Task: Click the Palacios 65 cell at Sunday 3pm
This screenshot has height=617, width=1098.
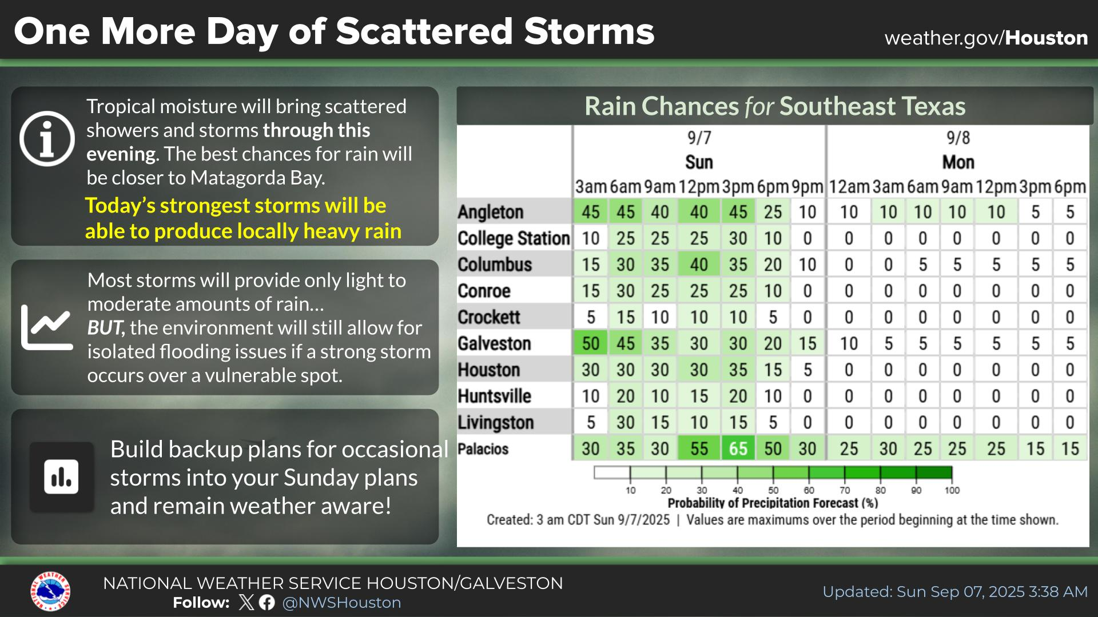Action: point(738,449)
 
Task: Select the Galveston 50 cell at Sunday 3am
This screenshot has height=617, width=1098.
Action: point(590,343)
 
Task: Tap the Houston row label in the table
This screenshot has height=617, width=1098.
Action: point(489,370)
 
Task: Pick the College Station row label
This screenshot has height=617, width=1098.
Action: point(514,238)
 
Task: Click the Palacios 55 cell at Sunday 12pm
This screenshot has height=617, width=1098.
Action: point(699,449)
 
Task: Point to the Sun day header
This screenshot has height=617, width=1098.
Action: point(699,162)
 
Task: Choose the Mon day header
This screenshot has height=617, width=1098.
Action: point(958,162)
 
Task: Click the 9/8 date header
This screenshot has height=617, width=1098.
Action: point(958,138)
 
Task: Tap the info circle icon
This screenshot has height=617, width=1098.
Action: point(47,139)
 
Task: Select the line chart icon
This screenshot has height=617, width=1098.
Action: point(47,327)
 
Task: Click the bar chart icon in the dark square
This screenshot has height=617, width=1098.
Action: point(62,476)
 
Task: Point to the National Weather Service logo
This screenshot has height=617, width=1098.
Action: point(50,591)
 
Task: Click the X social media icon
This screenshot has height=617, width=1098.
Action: point(246,603)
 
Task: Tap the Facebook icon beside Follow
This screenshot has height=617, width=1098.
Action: point(266,603)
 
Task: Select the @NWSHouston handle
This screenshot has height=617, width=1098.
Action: point(341,603)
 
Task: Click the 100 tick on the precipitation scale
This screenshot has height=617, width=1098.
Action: point(952,490)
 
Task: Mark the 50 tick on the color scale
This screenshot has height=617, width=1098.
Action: point(773,490)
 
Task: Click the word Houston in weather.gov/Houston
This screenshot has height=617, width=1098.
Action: point(1047,38)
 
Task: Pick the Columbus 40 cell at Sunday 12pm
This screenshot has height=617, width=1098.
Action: point(699,265)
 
